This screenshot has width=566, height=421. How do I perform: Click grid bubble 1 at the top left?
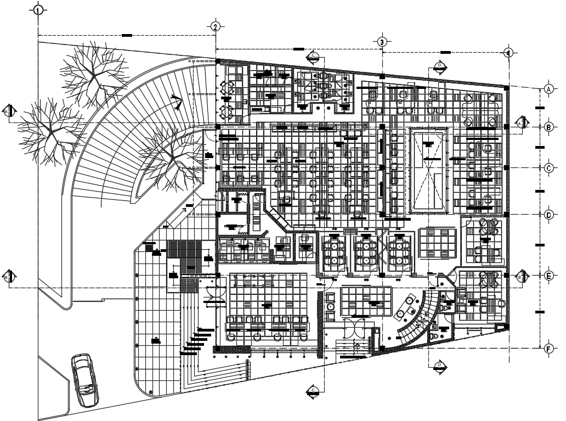pyautogui.click(x=37, y=10)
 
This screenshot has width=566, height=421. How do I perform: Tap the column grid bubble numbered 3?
pyautogui.click(x=382, y=42)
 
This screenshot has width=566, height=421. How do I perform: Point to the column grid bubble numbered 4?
pyautogui.click(x=508, y=53)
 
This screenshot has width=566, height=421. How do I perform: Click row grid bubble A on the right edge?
pyautogui.click(x=548, y=88)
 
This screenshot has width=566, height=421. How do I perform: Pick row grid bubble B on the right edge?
pyautogui.click(x=548, y=127)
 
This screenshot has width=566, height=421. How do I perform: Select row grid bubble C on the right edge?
pyautogui.click(x=548, y=168)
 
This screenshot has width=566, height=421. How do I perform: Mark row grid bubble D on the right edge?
pyautogui.click(x=548, y=215)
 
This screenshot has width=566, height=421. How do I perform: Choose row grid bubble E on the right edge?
pyautogui.click(x=548, y=277)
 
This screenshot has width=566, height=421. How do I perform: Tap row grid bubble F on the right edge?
pyautogui.click(x=548, y=348)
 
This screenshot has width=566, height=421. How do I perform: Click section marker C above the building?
pyautogui.click(x=313, y=55)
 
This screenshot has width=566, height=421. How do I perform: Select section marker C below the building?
pyautogui.click(x=313, y=390)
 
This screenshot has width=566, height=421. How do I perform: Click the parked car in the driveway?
pyautogui.click(x=85, y=379)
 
